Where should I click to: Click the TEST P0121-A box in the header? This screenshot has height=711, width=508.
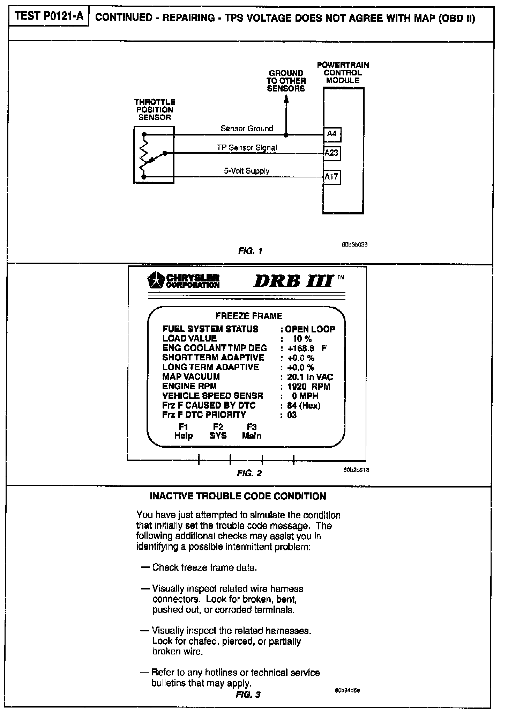coord(49,17)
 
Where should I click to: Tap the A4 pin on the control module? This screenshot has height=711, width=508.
coord(332,134)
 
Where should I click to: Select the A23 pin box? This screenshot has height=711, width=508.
coord(331,153)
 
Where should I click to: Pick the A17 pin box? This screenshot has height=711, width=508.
coord(331,177)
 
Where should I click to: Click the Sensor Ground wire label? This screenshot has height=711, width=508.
coord(247,129)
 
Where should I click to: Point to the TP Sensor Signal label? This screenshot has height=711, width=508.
coord(247,148)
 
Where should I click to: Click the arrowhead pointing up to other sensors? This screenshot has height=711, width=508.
coord(286,99)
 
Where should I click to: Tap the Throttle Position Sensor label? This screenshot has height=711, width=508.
coord(155,110)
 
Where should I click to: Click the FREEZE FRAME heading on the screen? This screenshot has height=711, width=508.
coord(249,316)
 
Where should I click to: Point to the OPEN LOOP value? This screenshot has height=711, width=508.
coord(310,329)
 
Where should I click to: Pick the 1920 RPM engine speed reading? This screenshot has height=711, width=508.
coord(308,387)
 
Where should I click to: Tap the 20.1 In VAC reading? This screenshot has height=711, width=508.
coord(310,377)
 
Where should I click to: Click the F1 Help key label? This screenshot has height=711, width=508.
coord(184,431)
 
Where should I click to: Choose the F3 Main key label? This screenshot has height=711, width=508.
coord(252,431)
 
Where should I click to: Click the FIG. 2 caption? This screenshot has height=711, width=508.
coord(249,473)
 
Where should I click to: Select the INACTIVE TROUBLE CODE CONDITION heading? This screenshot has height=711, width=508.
coord(238,496)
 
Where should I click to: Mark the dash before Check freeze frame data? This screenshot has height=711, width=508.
coord(145,567)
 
